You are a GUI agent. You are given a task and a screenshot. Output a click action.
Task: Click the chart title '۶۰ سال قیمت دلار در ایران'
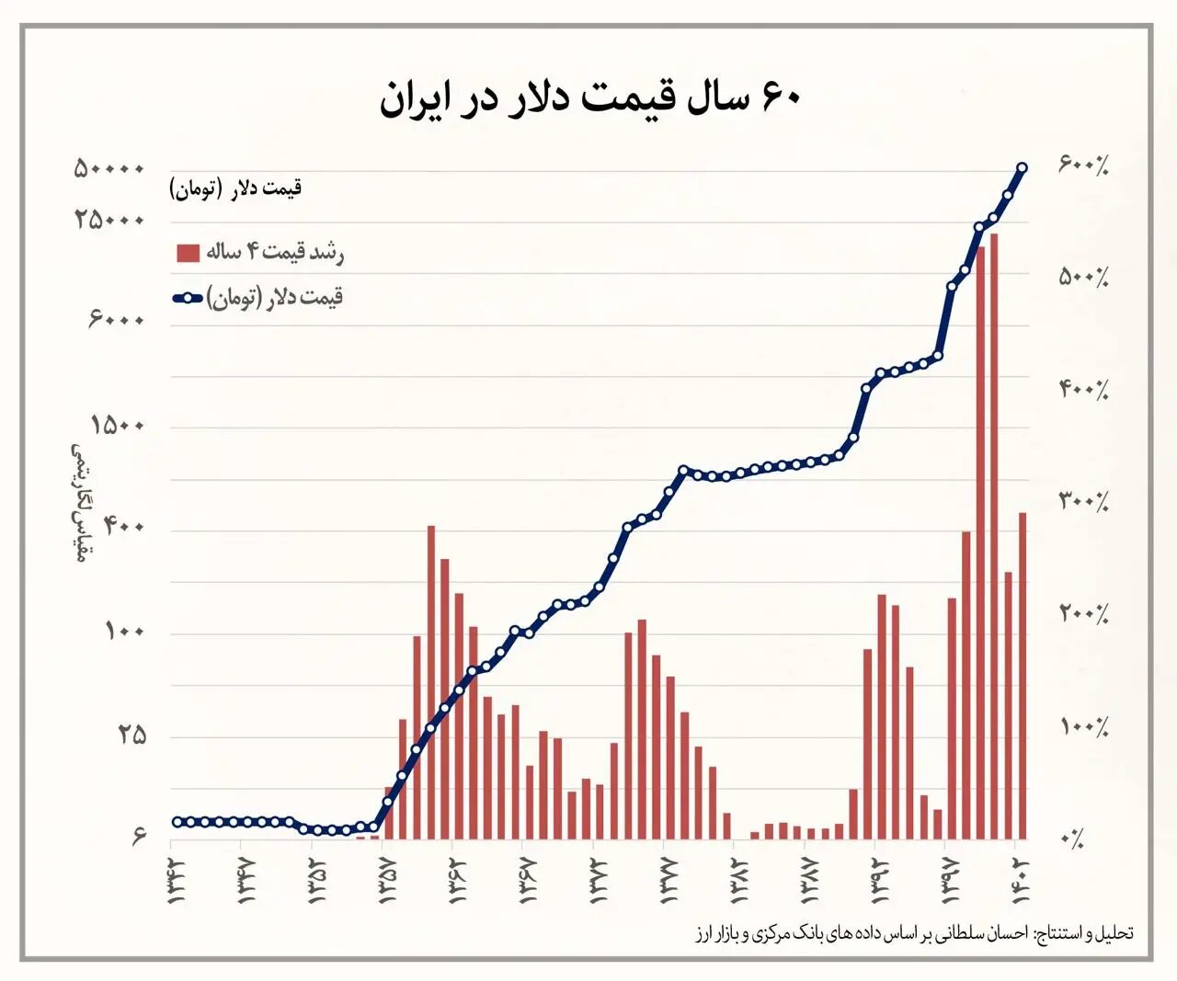[589, 97]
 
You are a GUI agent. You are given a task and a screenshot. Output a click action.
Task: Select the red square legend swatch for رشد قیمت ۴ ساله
[188, 253]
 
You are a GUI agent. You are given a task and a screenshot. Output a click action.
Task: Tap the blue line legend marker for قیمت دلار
[188, 298]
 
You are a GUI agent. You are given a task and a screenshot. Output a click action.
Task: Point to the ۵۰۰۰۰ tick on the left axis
[110, 169]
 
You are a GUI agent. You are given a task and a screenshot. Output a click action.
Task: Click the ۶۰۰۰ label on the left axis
[117, 319]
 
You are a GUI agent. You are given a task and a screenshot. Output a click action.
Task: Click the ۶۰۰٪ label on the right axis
[1084, 165]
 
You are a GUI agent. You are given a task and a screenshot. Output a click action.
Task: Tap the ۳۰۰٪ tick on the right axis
[1084, 501]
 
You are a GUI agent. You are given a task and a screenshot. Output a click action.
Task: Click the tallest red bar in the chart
[994, 533]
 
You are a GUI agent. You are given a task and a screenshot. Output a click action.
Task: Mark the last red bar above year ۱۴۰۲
[1023, 676]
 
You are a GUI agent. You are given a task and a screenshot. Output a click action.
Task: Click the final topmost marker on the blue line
[1023, 167]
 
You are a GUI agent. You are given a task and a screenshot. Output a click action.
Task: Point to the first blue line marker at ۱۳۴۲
[177, 822]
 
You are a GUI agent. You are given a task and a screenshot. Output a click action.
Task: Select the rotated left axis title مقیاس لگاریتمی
[79, 502]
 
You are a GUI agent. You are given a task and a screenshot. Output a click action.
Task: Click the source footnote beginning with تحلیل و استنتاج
[914, 933]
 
